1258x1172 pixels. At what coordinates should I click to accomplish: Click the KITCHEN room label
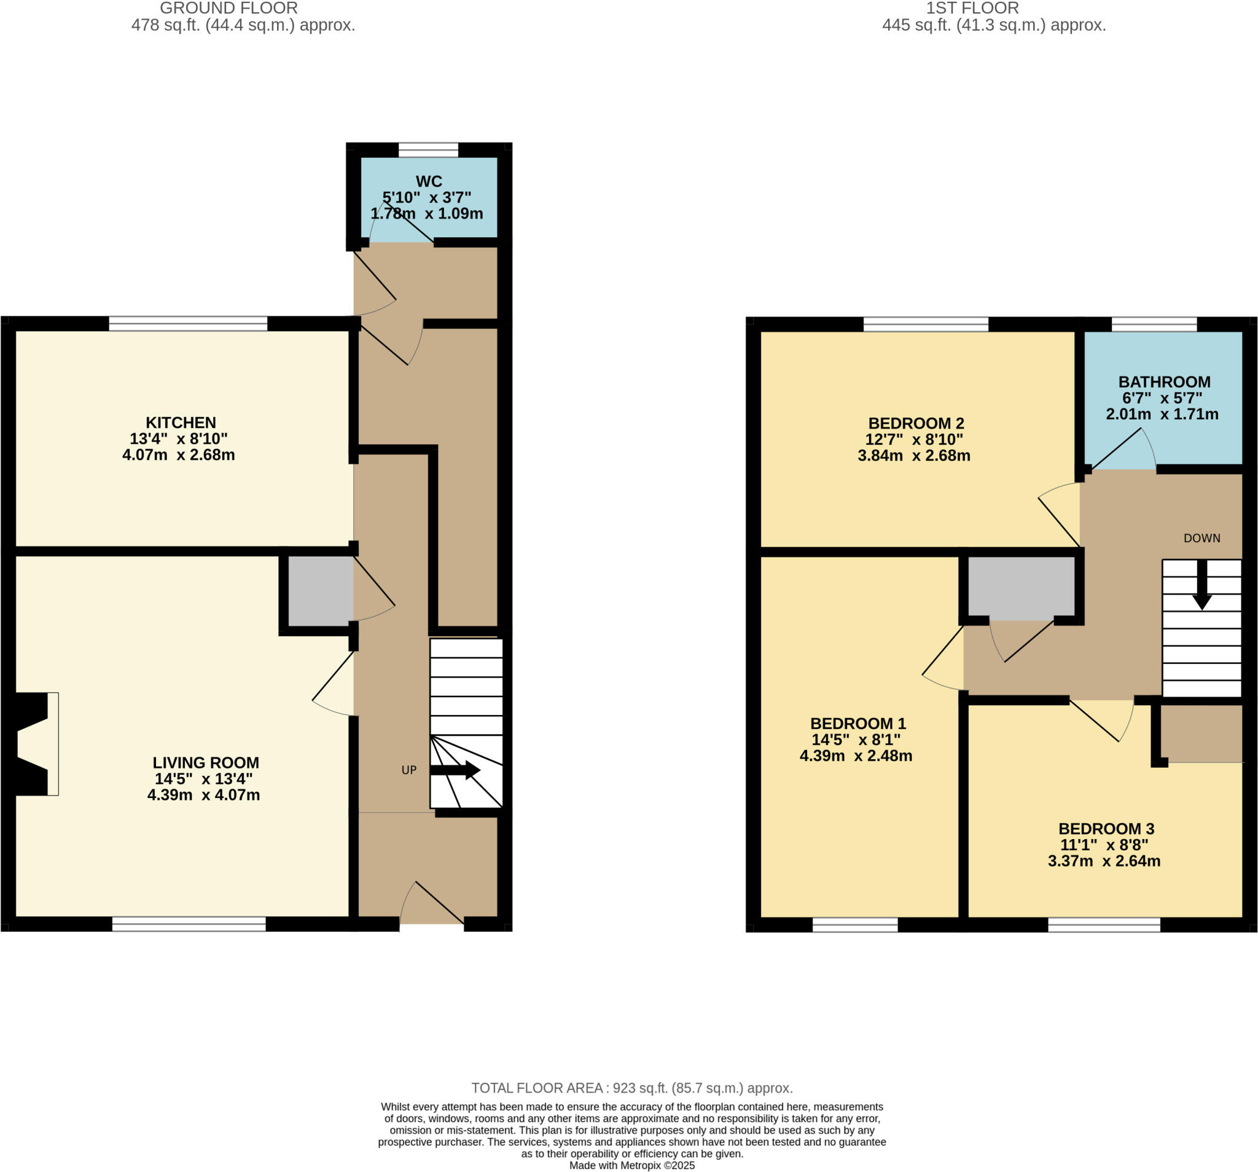[x=181, y=423]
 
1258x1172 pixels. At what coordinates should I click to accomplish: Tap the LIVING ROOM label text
[x=206, y=762]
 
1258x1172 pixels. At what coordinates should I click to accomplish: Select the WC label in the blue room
[x=429, y=181]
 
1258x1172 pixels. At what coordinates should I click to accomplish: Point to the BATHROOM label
[x=1164, y=381]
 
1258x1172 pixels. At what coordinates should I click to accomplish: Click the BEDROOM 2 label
[x=916, y=423]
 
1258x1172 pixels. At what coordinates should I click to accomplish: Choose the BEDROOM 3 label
[x=1106, y=829]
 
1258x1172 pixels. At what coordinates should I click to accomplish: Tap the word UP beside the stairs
[x=408, y=770]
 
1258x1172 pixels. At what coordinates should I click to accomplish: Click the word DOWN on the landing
[x=1201, y=539]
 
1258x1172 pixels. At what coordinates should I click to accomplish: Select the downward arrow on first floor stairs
[x=1201, y=585]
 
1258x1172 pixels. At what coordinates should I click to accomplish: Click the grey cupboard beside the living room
[x=320, y=590]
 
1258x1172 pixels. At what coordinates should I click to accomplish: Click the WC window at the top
[x=428, y=150]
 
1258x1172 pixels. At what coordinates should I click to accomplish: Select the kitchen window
[x=188, y=324]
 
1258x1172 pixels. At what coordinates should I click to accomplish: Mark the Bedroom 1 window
[x=855, y=925]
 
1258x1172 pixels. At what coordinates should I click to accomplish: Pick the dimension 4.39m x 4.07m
[x=203, y=795]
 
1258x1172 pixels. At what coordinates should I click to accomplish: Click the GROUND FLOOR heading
[x=229, y=8]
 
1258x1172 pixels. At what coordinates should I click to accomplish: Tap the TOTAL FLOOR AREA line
[x=631, y=1088]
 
